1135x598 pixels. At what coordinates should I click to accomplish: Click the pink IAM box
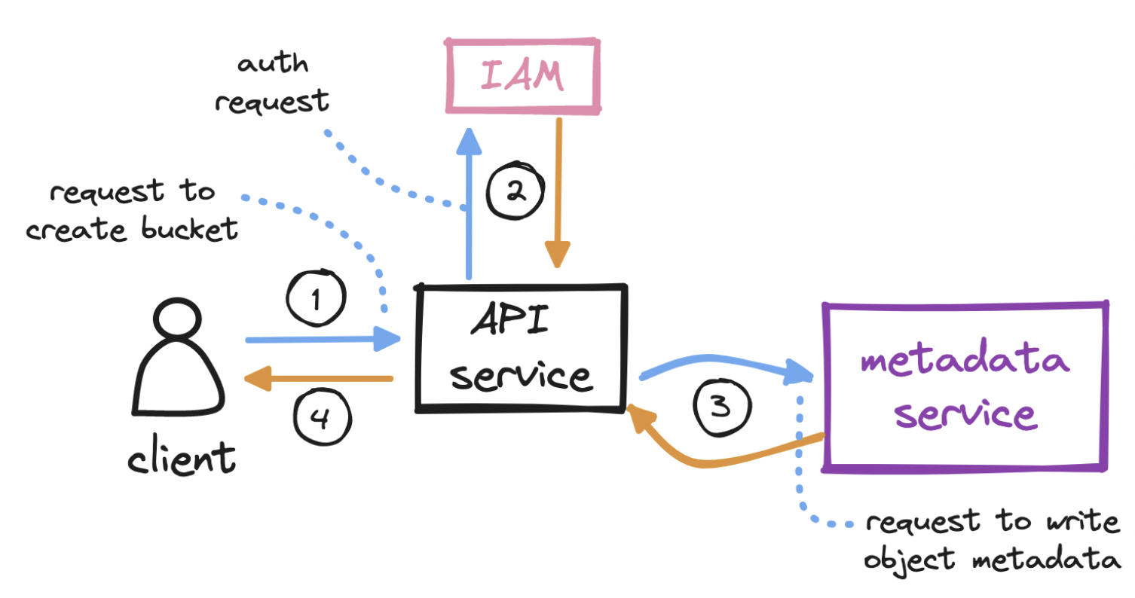522,77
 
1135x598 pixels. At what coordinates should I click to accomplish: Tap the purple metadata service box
965,386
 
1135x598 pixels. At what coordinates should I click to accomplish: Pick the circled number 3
721,407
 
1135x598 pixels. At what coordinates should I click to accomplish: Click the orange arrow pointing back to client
320,379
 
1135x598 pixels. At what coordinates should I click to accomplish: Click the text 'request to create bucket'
132,211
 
